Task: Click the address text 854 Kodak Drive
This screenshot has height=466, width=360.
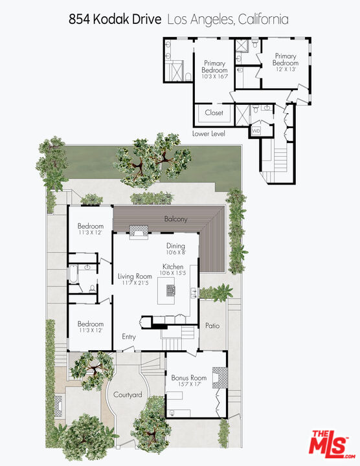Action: coord(115,20)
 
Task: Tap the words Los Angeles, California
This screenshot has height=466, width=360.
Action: coord(228,20)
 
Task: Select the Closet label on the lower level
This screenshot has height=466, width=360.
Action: coord(214,113)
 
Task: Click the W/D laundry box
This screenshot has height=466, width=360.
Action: coord(256,131)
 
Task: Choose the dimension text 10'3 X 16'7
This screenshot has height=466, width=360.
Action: coord(214,76)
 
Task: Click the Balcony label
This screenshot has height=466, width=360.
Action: coord(175,219)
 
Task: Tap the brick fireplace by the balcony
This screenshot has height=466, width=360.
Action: coord(139,231)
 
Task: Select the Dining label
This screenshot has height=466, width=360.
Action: coord(175,246)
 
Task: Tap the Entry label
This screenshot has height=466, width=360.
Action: coord(129,337)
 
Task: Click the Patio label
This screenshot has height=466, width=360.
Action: coord(212,326)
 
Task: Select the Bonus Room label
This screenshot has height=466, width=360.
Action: coord(188,377)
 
